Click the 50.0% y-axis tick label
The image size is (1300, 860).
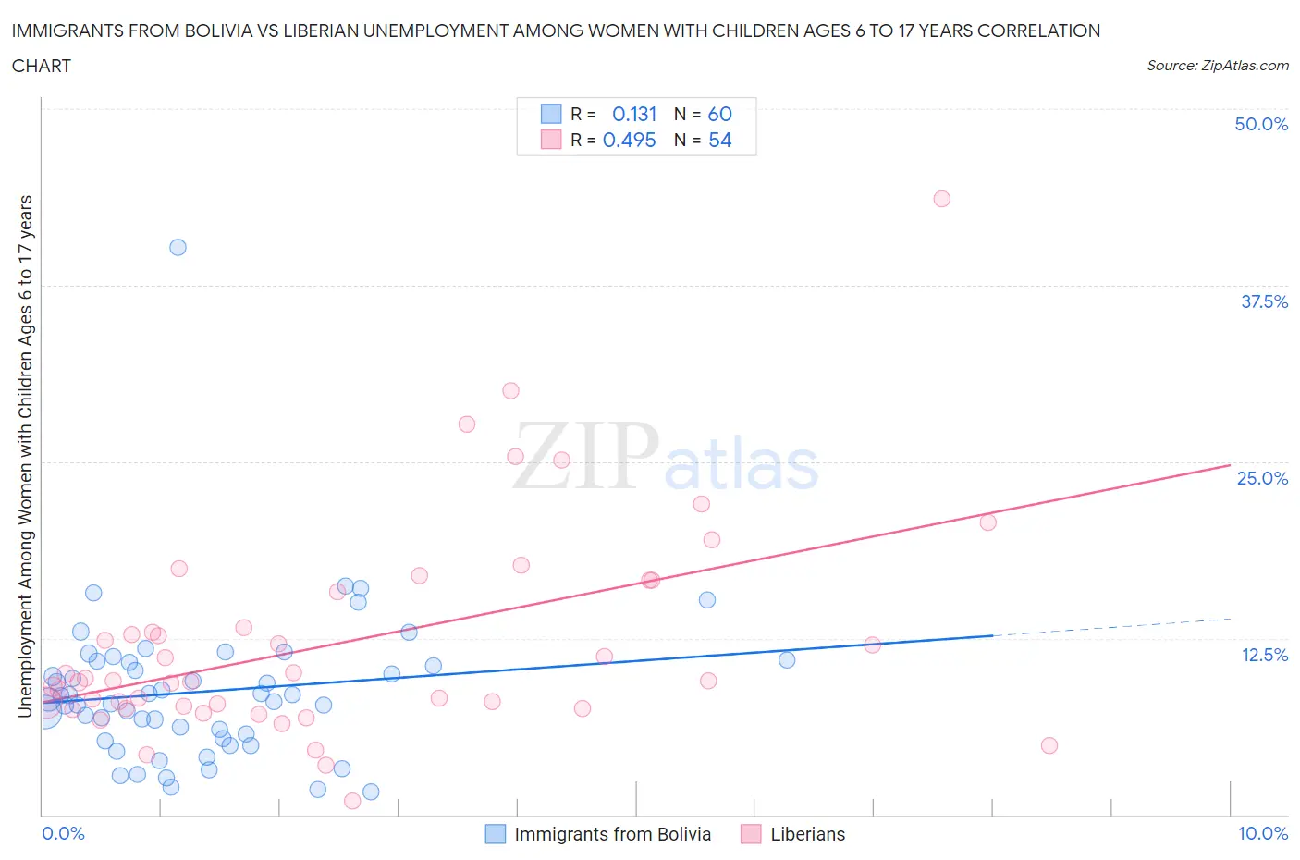coord(1261,124)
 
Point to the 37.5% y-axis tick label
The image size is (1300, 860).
coord(1264,301)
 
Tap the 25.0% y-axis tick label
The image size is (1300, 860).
coord(1262,478)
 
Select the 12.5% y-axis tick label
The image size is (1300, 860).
coord(1264,655)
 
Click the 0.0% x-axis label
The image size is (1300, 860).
coord(63,833)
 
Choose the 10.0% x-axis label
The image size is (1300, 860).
coord(1263,833)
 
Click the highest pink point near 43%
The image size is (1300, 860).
coord(941,199)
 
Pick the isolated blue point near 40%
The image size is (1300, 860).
coord(178,247)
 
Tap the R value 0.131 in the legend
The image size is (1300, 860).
coord(634,114)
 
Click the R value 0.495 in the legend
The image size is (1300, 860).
coord(629,140)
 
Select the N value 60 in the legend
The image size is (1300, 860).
coord(719,114)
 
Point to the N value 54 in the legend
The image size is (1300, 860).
coord(719,140)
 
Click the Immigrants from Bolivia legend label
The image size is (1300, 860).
coord(612,834)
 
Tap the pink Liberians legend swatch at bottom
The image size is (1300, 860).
coord(751,834)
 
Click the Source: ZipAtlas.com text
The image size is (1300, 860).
coord(1217,66)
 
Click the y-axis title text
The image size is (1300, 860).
coord(25,456)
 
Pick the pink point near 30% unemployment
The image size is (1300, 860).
coord(510,390)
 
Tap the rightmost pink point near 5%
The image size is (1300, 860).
coord(1049,745)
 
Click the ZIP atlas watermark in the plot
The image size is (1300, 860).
coord(666,458)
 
